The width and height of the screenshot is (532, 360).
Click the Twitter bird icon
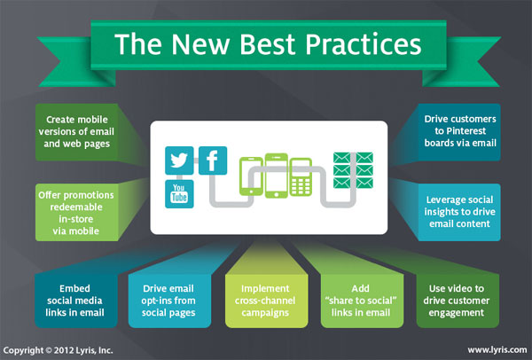[179, 160]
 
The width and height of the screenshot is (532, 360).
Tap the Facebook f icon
[213, 160]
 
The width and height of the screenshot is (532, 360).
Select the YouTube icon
[179, 193]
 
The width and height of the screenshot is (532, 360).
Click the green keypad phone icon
[301, 176]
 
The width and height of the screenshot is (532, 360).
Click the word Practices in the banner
[364, 44]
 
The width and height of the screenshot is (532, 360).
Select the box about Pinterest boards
[459, 131]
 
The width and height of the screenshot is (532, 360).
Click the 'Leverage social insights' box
[459, 212]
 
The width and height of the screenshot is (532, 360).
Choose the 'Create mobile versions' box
[76, 131]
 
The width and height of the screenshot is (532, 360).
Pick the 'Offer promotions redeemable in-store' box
[76, 213]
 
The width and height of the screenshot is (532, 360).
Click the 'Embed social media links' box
[76, 301]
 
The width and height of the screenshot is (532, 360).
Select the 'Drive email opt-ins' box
[169, 301]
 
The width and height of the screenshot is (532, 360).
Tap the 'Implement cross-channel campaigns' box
[266, 301]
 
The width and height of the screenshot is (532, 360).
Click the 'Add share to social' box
[362, 301]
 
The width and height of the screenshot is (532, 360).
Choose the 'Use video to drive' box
[458, 301]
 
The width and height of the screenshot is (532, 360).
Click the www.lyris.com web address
[497, 350]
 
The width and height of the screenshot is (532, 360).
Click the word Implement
[265, 289]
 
